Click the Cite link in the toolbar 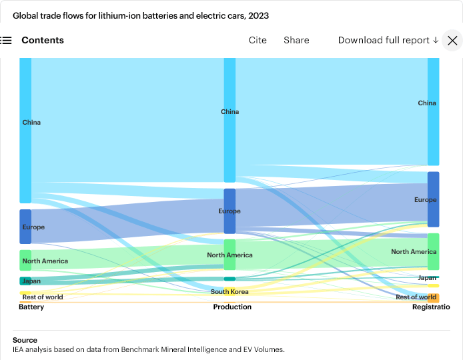(x=258, y=40)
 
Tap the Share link (x=296, y=40)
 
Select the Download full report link (x=388, y=40)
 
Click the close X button (x=452, y=41)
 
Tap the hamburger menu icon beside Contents (x=6, y=40)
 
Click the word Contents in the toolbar (x=43, y=40)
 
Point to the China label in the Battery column (x=31, y=123)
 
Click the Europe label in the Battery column (x=33, y=227)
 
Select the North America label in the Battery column (x=45, y=261)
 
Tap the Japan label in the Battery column (x=31, y=281)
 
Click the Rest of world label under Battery (x=43, y=297)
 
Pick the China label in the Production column (x=230, y=112)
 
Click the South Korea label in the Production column (x=229, y=292)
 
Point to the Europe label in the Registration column (x=426, y=200)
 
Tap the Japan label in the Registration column (x=427, y=278)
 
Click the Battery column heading (x=31, y=307)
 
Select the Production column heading (x=232, y=307)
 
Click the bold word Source (x=25, y=340)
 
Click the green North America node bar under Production (x=229, y=255)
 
